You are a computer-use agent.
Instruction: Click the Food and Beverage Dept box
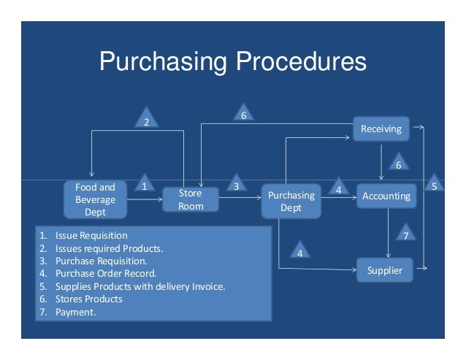coord(95,199)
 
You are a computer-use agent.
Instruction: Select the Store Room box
coord(190,199)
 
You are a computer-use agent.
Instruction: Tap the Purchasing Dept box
coord(291,201)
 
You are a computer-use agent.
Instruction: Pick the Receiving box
coord(381,129)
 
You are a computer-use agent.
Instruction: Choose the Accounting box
coord(386,196)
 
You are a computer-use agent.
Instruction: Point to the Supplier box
coord(384,271)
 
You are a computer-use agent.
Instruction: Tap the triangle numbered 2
coord(146,120)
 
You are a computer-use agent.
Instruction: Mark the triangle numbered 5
coord(434,185)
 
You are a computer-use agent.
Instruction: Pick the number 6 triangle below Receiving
coord(398,164)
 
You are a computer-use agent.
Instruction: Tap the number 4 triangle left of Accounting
coord(337,188)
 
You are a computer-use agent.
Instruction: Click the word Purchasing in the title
coord(160,61)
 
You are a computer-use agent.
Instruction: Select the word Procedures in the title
coord(297,61)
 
